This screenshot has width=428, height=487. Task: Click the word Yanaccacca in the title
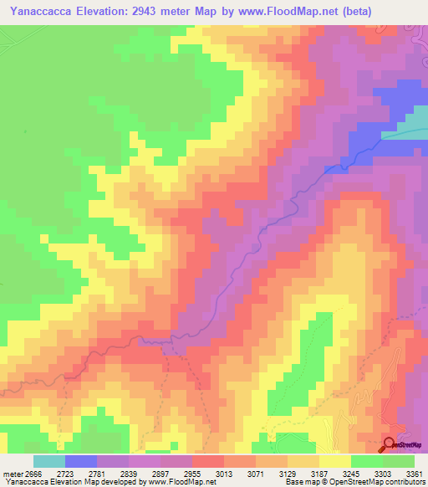pos(43,11)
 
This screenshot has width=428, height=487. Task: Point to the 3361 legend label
pos(415,474)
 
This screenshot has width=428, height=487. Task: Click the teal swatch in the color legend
pos(48,461)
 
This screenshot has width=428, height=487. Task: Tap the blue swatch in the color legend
pos(80,461)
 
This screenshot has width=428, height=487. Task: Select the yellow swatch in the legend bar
pos(334,461)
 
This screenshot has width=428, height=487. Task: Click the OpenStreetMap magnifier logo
pos(389,444)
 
